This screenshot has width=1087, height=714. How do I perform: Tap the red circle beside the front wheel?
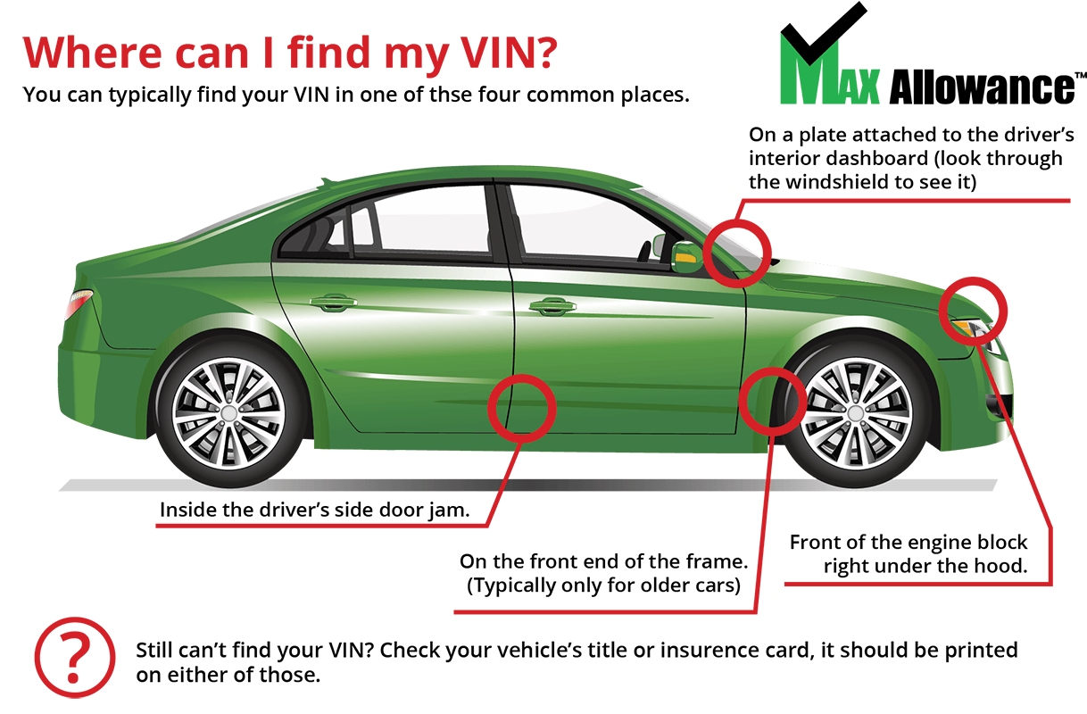click(773, 398)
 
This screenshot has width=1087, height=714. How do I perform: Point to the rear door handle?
click(332, 303)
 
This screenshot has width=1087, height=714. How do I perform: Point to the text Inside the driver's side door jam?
click(314, 511)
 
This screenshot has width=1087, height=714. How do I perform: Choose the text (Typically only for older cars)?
click(604, 586)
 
